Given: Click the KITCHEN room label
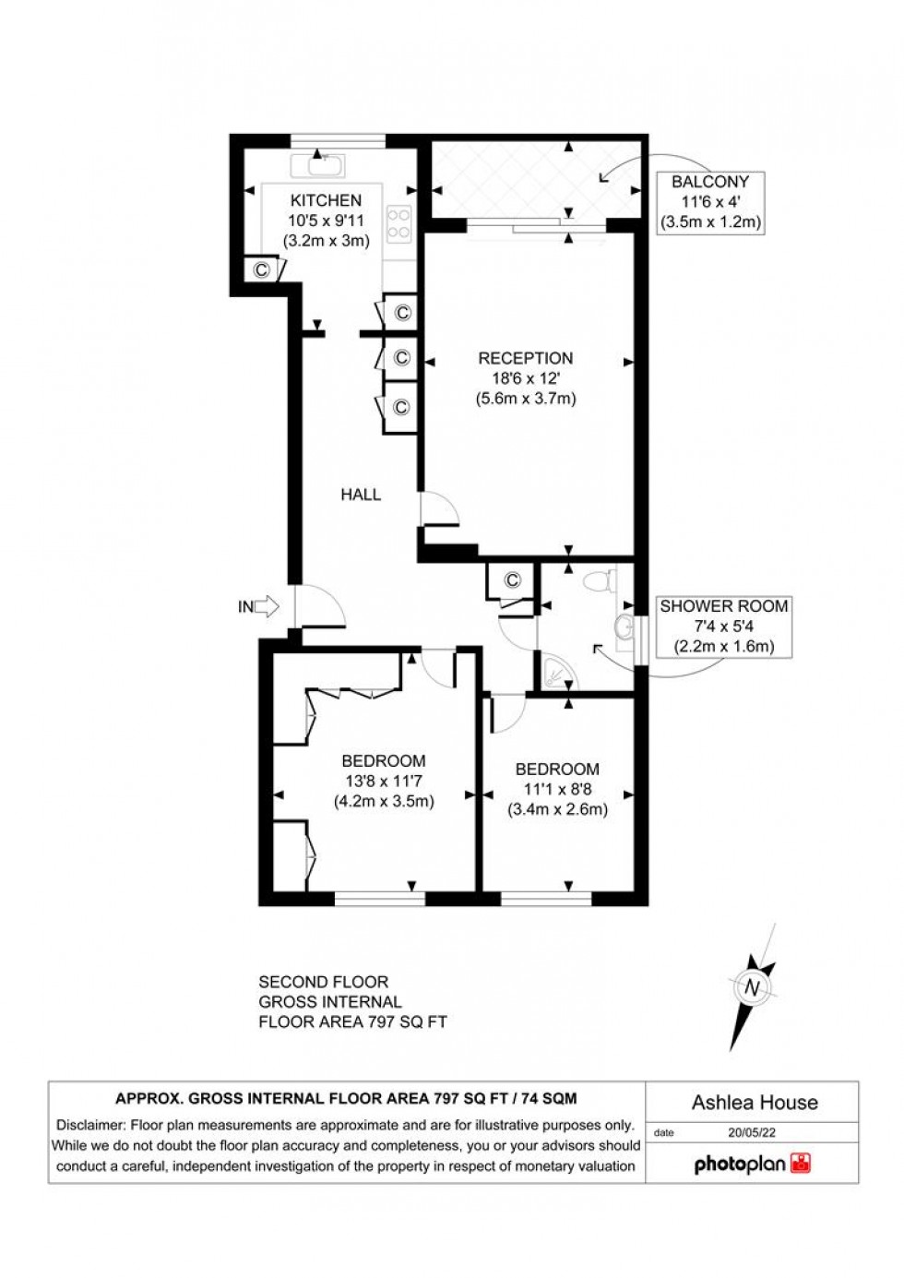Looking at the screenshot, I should (326, 200).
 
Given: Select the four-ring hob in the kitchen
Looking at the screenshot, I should (399, 222).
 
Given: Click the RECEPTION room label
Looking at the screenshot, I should (525, 358).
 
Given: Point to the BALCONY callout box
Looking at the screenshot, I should (709, 202).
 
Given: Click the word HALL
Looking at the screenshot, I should (361, 495).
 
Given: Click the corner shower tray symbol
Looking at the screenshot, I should (555, 675).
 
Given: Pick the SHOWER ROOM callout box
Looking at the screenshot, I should (723, 627).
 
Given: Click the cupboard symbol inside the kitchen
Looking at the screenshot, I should (261, 269).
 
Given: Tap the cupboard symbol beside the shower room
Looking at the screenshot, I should (513, 580).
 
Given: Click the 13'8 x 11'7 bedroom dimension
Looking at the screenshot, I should (383, 782).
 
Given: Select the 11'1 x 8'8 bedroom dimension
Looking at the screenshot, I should (557, 790).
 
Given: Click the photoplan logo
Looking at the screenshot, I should (752, 1164).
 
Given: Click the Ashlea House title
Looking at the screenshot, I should (755, 1103).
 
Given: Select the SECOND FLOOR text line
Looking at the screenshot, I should (323, 982).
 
